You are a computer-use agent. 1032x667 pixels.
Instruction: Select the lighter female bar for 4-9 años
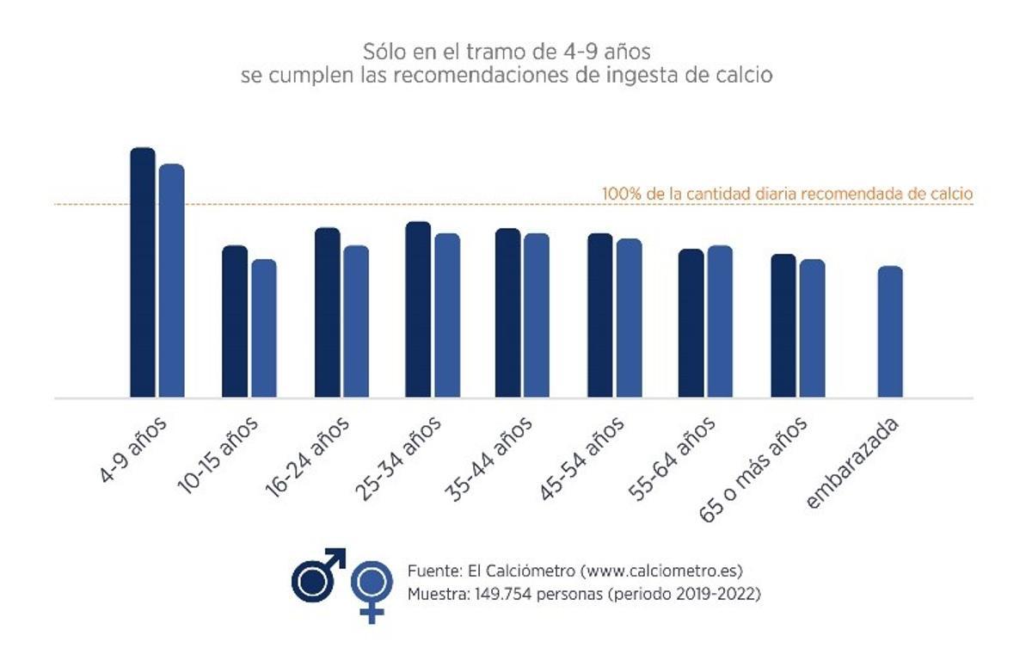tap(172, 281)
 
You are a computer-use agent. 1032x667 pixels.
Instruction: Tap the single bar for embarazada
tap(890, 332)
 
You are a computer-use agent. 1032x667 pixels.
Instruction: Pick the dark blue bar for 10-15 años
tap(235, 322)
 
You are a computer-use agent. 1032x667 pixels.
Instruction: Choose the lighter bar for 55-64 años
tap(720, 322)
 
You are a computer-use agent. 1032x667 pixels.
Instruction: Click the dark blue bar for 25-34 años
tap(418, 310)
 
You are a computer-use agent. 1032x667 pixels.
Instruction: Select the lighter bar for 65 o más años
tap(812, 329)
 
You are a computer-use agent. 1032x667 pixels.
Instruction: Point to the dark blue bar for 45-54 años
tap(600, 316)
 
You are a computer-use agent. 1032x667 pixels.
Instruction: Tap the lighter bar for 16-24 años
tap(356, 322)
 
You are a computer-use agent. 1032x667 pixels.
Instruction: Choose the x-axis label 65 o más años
tap(755, 468)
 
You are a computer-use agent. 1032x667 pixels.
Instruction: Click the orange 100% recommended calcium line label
tap(787, 194)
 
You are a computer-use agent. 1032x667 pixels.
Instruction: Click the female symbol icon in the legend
tap(372, 590)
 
